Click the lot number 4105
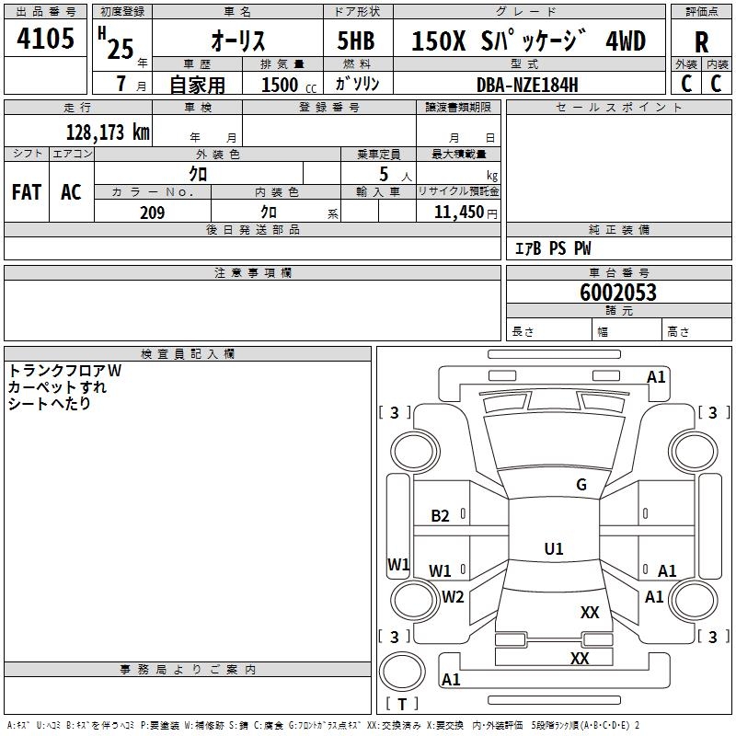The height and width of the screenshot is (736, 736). (x=46, y=40)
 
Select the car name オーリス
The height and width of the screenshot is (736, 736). (x=239, y=40)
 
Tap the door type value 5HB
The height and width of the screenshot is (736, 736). (x=356, y=40)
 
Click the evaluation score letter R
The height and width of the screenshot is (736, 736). (x=702, y=42)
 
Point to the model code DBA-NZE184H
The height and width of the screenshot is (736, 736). (x=527, y=84)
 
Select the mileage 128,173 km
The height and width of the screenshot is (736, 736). (x=107, y=132)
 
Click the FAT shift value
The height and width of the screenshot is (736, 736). (x=26, y=192)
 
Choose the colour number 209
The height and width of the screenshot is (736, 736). (x=152, y=213)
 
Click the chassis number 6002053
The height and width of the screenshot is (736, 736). (x=618, y=293)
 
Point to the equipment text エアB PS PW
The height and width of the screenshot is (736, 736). (x=552, y=248)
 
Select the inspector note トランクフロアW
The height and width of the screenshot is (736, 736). (x=64, y=371)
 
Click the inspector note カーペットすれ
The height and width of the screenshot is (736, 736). (x=57, y=387)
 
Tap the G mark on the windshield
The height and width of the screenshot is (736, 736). (x=581, y=484)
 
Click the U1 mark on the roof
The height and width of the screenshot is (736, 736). (x=553, y=549)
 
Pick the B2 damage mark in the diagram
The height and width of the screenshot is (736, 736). (x=440, y=516)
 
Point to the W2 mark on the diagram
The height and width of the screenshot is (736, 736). (x=453, y=596)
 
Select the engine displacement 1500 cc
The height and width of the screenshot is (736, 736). (x=283, y=85)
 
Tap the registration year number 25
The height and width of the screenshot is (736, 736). (x=121, y=47)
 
